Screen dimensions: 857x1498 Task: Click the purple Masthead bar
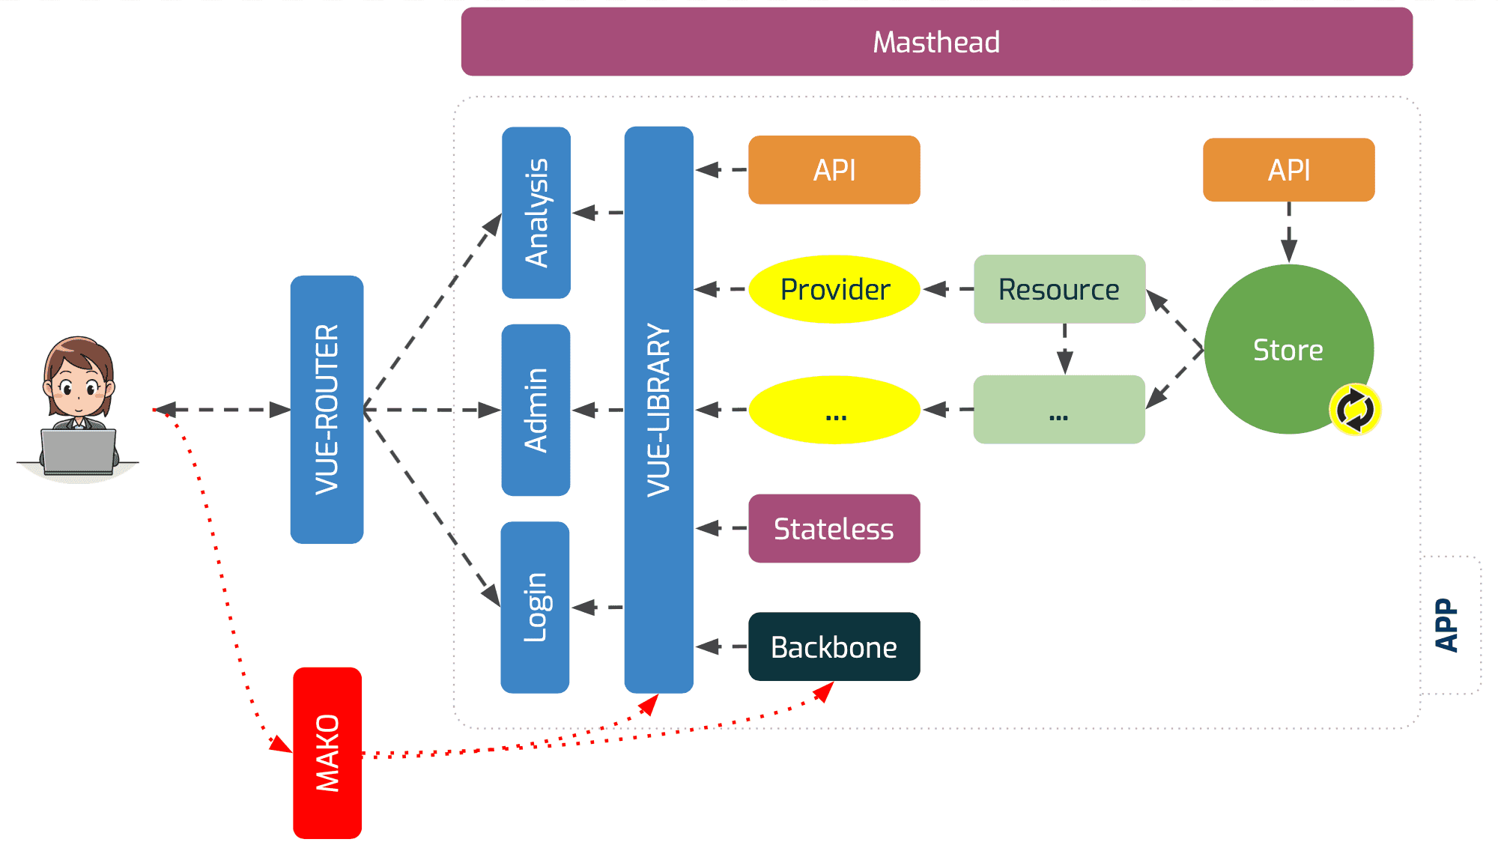click(x=936, y=42)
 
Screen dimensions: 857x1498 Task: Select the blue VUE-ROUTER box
click(x=327, y=409)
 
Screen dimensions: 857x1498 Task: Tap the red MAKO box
click(x=327, y=753)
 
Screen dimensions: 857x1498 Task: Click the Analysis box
click(x=536, y=213)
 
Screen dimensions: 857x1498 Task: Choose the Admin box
click(x=536, y=410)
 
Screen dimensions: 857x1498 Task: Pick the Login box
click(x=535, y=607)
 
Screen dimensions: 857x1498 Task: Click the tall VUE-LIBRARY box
click(x=658, y=409)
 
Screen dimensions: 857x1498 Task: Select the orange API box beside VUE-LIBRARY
click(x=834, y=170)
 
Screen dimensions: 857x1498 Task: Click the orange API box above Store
click(x=1288, y=170)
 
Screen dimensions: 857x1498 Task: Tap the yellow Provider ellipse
click(x=834, y=289)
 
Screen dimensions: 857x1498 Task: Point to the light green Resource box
click(x=1059, y=289)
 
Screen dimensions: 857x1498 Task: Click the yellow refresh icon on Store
click(x=1355, y=410)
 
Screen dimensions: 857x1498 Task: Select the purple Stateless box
click(x=834, y=528)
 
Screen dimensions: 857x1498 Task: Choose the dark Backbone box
click(x=834, y=646)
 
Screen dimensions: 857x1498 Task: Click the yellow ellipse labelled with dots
click(x=834, y=410)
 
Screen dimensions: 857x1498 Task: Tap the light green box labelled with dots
click(x=1059, y=410)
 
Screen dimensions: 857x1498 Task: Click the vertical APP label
click(x=1446, y=625)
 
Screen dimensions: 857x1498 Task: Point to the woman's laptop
click(x=78, y=452)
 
